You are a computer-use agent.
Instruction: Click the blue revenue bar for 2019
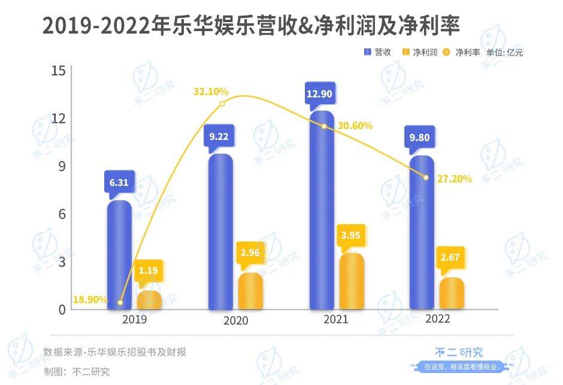(x=119, y=256)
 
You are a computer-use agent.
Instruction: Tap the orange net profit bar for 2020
(x=250, y=292)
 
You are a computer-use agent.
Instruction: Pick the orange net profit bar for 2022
(x=452, y=294)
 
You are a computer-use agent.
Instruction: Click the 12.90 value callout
(x=319, y=94)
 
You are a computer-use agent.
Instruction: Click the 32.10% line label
(x=211, y=91)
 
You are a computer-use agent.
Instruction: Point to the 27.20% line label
(x=455, y=178)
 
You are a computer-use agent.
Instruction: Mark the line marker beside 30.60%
(x=324, y=126)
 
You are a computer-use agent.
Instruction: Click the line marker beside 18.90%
(x=120, y=302)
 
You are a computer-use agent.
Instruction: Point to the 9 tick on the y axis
(x=60, y=166)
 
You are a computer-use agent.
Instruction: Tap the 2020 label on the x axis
(x=235, y=320)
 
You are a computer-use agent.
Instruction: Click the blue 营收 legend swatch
(x=367, y=53)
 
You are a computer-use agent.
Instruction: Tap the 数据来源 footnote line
(x=115, y=352)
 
